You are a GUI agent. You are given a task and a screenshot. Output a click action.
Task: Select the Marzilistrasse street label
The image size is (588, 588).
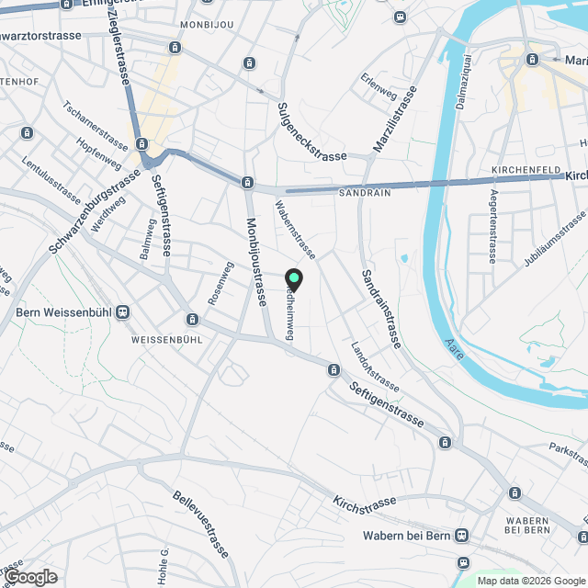396,120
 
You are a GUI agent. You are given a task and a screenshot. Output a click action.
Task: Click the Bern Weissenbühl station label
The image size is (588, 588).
62,312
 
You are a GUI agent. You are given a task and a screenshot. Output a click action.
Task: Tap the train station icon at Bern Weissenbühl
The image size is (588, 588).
123,312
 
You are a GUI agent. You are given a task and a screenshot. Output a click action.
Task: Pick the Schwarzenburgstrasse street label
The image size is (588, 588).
88,212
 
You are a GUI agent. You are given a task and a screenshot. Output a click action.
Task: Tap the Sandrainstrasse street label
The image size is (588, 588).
380,309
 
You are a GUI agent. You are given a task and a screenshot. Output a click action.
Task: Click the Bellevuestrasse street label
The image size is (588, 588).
200,525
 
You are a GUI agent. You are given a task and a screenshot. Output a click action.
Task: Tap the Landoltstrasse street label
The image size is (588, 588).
374,367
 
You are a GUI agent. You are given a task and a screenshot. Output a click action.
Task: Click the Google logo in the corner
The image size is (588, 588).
30,576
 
